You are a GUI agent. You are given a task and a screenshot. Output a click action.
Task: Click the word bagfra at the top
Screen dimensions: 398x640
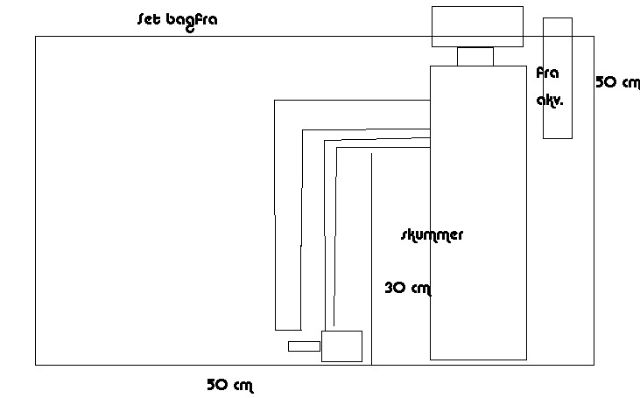(191, 20)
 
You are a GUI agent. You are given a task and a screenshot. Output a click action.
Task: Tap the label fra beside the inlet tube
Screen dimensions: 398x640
(547, 73)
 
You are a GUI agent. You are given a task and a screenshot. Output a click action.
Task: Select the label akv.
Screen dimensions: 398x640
(550, 100)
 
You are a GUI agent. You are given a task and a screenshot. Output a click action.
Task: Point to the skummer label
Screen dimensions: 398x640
(432, 234)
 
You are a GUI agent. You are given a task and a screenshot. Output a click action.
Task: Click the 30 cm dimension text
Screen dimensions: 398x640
(408, 287)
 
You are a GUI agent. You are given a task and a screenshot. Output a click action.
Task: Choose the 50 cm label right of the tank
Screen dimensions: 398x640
(617, 82)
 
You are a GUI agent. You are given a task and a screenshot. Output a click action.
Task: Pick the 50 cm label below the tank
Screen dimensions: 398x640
(229, 384)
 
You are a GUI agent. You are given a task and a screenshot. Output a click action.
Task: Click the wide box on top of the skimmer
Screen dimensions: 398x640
(477, 26)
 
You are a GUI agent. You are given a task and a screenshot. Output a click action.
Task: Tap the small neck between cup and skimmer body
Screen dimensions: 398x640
(475, 56)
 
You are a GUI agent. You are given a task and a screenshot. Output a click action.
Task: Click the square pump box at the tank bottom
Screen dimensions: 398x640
(341, 346)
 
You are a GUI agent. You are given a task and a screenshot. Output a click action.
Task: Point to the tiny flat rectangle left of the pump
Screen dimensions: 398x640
(304, 346)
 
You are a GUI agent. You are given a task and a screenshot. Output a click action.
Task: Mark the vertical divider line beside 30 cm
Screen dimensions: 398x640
(372, 262)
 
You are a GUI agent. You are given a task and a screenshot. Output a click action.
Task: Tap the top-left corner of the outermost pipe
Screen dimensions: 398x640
(275, 100)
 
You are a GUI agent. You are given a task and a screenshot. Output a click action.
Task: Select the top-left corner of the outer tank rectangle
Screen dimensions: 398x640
(36, 37)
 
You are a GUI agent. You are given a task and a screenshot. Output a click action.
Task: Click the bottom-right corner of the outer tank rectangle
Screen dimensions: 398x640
(594, 364)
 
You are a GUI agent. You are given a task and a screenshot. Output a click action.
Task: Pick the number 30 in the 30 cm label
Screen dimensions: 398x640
(395, 287)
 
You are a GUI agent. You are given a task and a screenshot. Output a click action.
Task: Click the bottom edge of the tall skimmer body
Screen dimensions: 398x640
(478, 360)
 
